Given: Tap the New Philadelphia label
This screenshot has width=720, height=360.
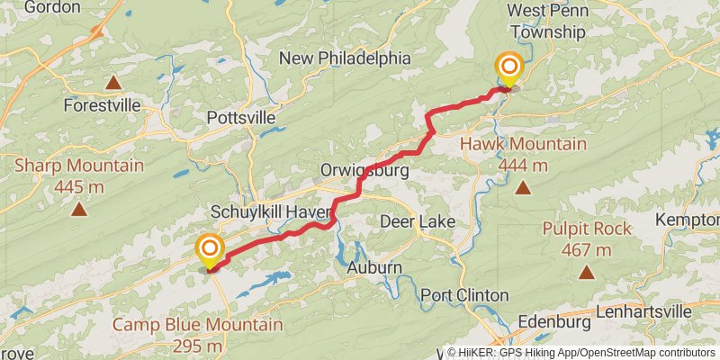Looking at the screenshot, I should pyautogui.click(x=345, y=58).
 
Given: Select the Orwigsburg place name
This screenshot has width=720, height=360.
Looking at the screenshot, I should pyautogui.click(x=364, y=170).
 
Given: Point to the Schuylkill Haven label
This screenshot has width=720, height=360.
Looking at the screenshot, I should pyautogui.click(x=273, y=211).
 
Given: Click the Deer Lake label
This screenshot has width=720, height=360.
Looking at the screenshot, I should pyautogui.click(x=417, y=221).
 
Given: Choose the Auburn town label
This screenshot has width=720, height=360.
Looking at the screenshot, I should pyautogui.click(x=373, y=268).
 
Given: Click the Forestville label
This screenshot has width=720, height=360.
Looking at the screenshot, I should pyautogui.click(x=103, y=105).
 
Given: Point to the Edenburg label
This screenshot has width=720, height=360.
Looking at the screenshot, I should pyautogui.click(x=555, y=322).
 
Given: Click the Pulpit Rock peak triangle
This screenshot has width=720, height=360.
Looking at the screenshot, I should pyautogui.click(x=587, y=271).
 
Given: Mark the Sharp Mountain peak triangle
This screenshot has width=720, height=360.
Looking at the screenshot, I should pyautogui.click(x=79, y=211).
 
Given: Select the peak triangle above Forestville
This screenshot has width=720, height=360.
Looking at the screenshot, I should pyautogui.click(x=113, y=84).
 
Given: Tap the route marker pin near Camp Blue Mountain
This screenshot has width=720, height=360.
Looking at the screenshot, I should pyautogui.click(x=210, y=250).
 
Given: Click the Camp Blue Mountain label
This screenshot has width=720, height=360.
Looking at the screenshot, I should pyautogui.click(x=198, y=325).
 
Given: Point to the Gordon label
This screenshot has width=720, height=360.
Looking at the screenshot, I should pyautogui.click(x=51, y=7).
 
